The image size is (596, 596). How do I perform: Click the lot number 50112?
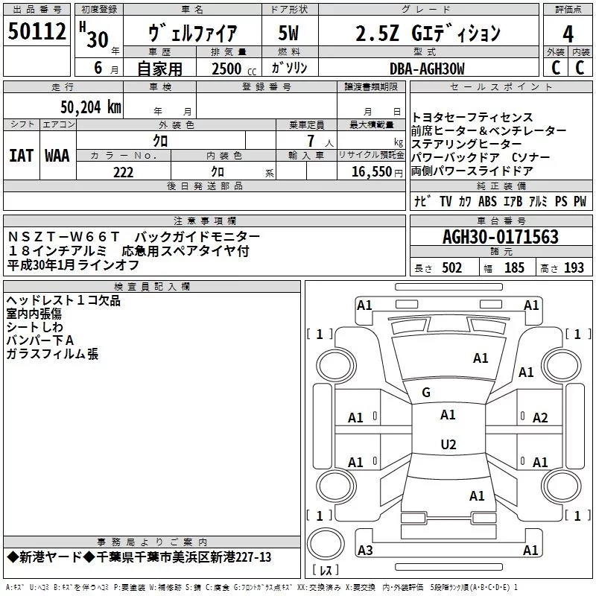point(37,31)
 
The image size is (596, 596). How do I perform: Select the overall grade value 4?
point(568,34)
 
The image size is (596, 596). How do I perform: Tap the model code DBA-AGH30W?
point(427,69)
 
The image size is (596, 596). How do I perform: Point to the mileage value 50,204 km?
point(91,107)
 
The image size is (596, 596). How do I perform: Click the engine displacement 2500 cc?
point(234,69)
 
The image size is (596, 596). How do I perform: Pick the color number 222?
point(123,172)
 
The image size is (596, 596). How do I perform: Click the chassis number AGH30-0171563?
point(501,237)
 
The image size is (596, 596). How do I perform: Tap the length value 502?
point(451,268)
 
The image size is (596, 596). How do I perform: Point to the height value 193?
point(574,268)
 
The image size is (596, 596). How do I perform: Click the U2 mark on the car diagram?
point(448,444)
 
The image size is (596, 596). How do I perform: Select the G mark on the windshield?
point(426,393)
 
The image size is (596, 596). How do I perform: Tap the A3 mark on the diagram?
point(365,550)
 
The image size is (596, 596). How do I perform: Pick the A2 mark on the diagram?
point(540,418)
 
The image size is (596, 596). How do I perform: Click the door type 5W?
point(288,33)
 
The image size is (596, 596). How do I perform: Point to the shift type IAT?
point(21,156)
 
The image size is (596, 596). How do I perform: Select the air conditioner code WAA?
point(57,156)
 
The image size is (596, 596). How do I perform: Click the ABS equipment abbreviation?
point(488,201)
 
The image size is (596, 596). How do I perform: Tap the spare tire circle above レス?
point(326,544)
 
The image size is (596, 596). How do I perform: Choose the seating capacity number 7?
point(311,141)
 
